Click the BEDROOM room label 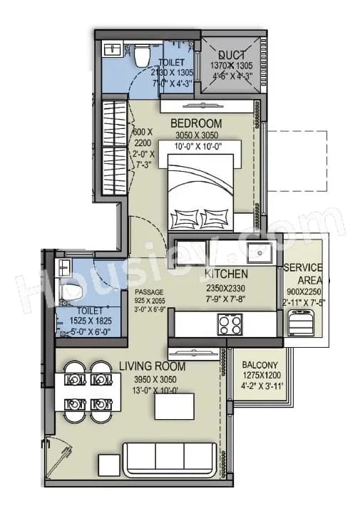[x=196, y=123]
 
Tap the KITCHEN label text [x=226, y=274]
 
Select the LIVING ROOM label [x=152, y=366]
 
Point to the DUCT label [x=232, y=55]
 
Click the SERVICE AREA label [x=304, y=274]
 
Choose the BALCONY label [x=259, y=363]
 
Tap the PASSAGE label [x=149, y=292]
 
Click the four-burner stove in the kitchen [x=230, y=324]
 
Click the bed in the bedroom [x=205, y=187]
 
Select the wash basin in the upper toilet [x=113, y=50]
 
